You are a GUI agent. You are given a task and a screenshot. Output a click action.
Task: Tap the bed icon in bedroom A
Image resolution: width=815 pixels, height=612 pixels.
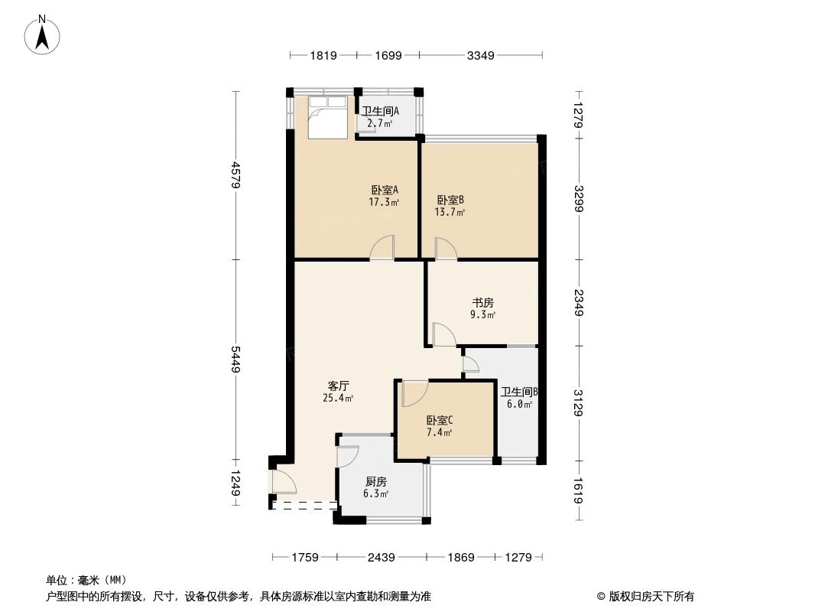(x=327, y=116)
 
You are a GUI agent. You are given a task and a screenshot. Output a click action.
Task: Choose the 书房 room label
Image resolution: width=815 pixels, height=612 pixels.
(x=481, y=301)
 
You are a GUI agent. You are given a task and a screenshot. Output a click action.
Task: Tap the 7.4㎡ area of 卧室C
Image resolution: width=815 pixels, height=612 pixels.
(x=440, y=432)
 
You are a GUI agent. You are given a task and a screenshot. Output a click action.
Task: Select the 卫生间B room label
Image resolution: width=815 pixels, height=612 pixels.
(x=519, y=392)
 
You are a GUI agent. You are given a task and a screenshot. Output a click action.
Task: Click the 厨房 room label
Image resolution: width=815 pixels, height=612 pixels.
(x=375, y=481)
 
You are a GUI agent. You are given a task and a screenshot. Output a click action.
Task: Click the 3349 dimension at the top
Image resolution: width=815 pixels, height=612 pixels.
(x=481, y=54)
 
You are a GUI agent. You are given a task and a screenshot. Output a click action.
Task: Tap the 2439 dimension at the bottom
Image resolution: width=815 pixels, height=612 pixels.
(x=380, y=557)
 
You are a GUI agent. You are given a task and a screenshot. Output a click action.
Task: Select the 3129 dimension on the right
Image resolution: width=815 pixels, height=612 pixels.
(x=578, y=403)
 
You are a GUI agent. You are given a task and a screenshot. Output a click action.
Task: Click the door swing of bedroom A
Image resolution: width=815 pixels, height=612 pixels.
(x=382, y=248)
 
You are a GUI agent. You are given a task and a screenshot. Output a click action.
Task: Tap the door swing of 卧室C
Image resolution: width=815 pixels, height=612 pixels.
(x=414, y=392)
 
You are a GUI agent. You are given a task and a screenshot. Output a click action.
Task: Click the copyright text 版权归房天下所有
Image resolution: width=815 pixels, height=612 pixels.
(x=651, y=596)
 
